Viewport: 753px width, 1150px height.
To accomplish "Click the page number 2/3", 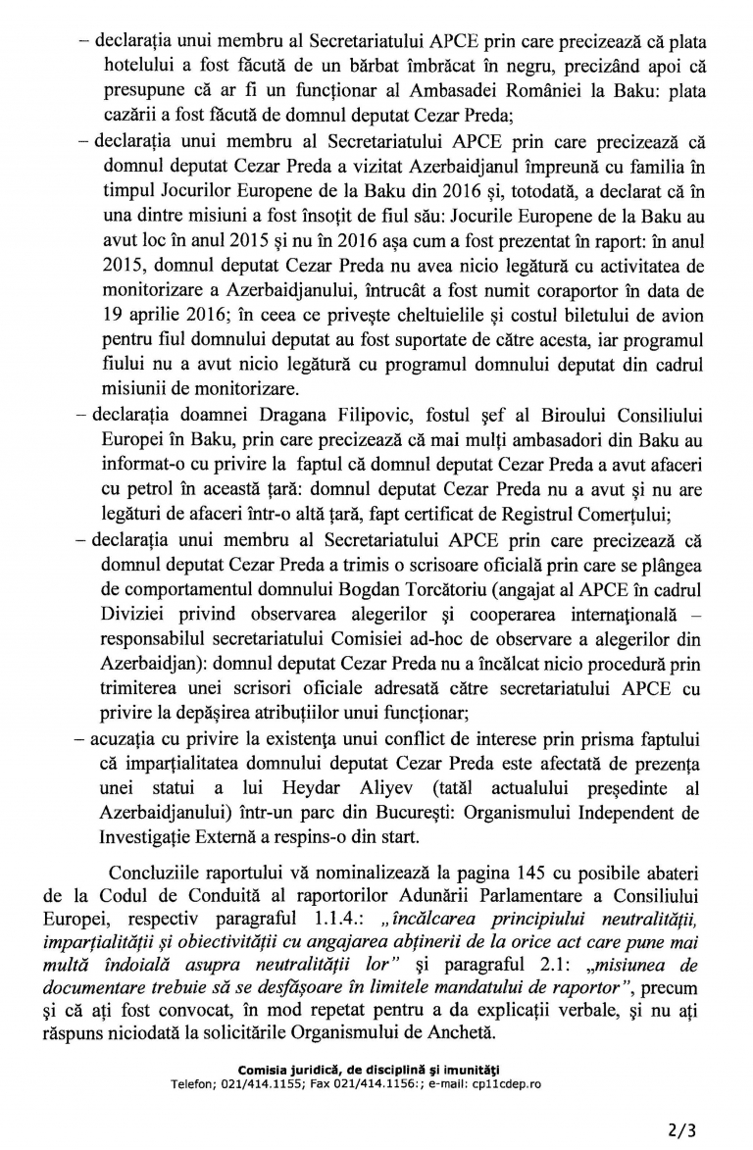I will click(682, 1129).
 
